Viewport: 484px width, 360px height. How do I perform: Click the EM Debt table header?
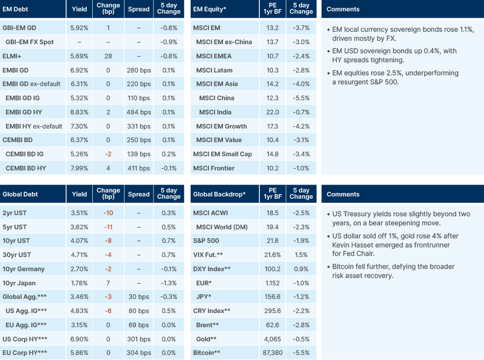click(x=16, y=9)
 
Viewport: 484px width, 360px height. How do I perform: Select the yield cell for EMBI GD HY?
click(x=79, y=112)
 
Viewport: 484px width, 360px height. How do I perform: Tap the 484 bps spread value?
click(x=139, y=112)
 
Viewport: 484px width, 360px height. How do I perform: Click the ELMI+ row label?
click(x=12, y=56)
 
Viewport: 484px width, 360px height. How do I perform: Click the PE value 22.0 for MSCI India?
click(x=272, y=112)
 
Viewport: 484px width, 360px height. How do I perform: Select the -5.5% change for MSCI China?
click(x=301, y=98)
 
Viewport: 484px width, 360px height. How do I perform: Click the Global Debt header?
click(x=20, y=194)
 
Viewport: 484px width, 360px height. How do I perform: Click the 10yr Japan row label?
click(x=20, y=283)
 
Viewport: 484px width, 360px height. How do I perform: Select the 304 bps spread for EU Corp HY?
click(x=139, y=353)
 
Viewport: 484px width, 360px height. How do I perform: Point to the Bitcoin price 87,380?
click(x=272, y=353)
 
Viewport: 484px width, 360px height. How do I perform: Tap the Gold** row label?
click(x=206, y=338)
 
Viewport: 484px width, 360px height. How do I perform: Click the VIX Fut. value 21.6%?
click(x=272, y=255)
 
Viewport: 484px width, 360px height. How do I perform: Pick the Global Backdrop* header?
click(x=219, y=194)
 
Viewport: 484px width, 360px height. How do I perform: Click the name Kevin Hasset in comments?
click(x=355, y=245)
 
